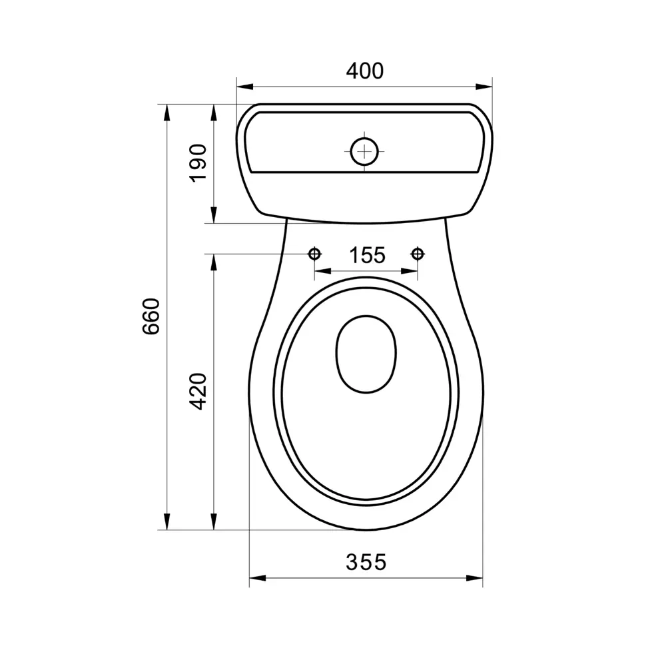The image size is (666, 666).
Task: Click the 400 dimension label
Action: click(365, 71)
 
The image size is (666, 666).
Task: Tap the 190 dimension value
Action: click(198, 164)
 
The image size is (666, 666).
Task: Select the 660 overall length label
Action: click(151, 316)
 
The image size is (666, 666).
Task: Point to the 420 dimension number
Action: click(198, 391)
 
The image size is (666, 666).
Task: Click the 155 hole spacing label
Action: click(367, 255)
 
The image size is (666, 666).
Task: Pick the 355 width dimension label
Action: click(366, 562)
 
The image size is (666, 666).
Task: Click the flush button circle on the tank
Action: click(364, 151)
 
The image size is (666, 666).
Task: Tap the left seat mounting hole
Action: click(315, 254)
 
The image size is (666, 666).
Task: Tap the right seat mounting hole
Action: click(418, 254)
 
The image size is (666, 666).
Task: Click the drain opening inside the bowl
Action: click(366, 354)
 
